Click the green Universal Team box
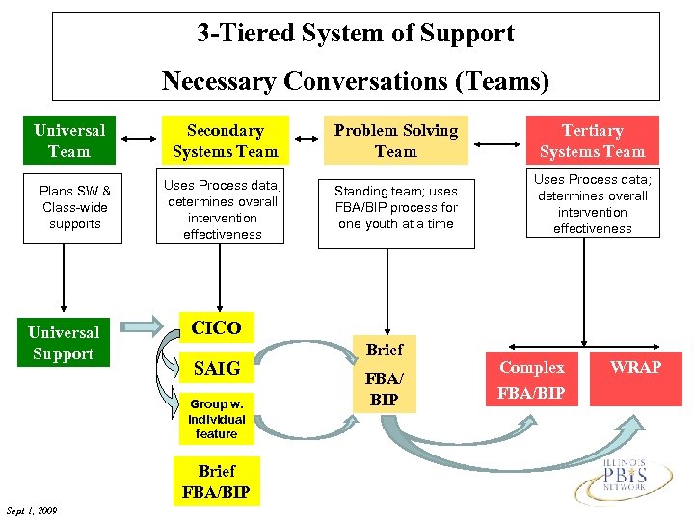tap(68, 141)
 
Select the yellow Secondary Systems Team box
tap(224, 141)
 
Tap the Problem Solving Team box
tap(395, 141)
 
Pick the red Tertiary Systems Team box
tap(592, 141)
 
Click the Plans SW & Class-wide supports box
tap(73, 207)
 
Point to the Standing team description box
tap(395, 207)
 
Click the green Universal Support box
tap(64, 343)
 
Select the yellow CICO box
tap(216, 328)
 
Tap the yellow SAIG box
tap(216, 368)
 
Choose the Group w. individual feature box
tap(216, 420)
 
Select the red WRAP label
tap(635, 367)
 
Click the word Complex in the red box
tap(532, 368)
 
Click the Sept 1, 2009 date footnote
tap(30, 510)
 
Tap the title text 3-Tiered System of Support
tap(356, 34)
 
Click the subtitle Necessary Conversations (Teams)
tap(356, 81)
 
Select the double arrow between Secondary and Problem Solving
tap(307, 141)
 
